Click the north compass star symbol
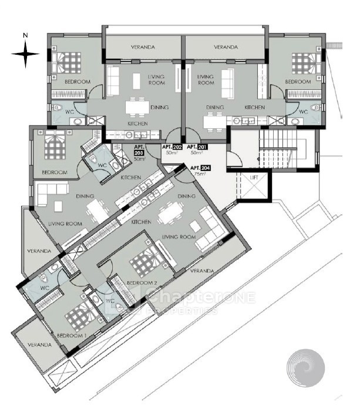25,54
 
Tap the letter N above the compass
25,35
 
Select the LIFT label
254,178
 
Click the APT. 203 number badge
139,153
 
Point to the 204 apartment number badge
206,168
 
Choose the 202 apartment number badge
177,147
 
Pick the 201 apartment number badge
203,147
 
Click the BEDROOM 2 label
142,283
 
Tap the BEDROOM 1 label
72,336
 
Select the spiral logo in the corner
305,367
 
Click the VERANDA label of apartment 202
143,47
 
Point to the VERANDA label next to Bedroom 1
39,345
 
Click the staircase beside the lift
278,149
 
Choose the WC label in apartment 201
303,112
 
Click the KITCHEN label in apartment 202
138,123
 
